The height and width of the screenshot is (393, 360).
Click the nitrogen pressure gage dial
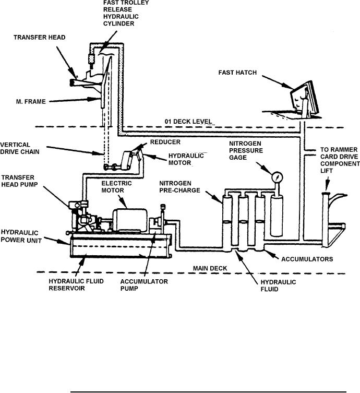277,177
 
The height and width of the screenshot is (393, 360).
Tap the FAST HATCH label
237,73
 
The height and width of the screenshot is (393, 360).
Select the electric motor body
129,220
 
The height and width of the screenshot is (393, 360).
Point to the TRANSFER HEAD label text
39,38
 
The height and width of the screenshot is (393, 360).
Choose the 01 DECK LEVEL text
188,122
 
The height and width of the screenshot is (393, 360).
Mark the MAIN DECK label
210,268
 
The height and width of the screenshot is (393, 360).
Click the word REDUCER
165,142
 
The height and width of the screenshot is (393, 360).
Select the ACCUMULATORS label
307,259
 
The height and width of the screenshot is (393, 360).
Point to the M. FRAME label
31,101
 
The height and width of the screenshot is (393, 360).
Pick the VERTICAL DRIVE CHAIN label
20,148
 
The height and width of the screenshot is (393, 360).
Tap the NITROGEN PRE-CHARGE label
179,187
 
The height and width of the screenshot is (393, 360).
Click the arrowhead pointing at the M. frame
98,99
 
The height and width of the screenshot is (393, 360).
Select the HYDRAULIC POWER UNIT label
21,236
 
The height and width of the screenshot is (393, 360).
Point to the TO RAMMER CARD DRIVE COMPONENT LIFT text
340,160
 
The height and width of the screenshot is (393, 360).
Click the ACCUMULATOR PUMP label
144,285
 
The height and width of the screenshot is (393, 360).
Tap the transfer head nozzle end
72,82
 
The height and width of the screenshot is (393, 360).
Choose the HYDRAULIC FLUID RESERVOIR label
76,285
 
